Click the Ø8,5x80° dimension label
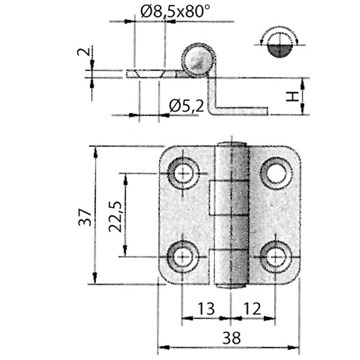(176, 12)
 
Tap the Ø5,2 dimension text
(186, 106)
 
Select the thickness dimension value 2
(83, 52)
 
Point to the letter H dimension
(292, 97)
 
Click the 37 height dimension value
(84, 217)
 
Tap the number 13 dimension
(206, 309)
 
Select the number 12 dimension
(252, 309)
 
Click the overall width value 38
(231, 338)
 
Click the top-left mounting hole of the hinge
(183, 174)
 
